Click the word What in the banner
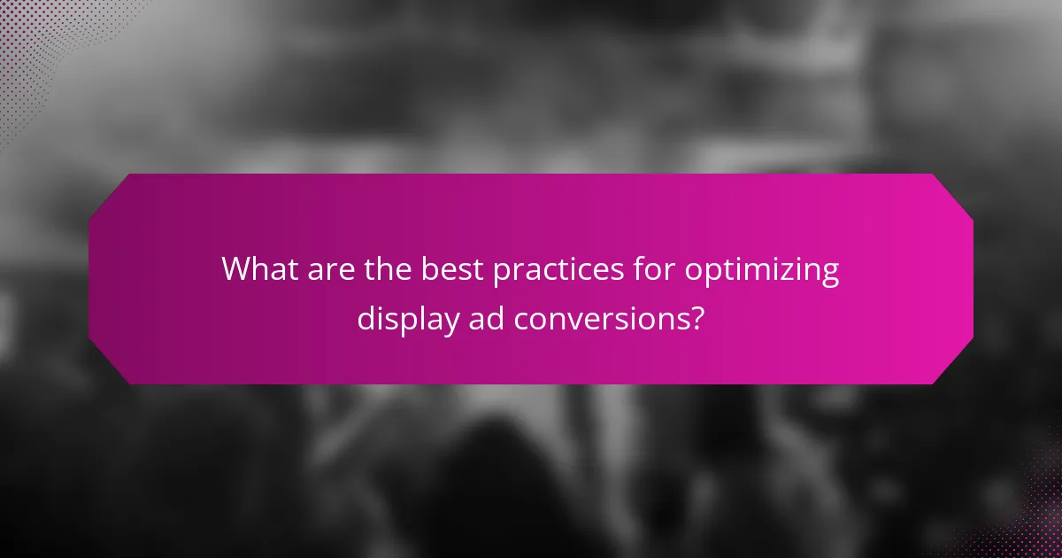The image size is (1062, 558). pyautogui.click(x=258, y=268)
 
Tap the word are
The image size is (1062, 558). pyautogui.click(x=328, y=268)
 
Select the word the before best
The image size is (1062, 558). pyautogui.click(x=386, y=268)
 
